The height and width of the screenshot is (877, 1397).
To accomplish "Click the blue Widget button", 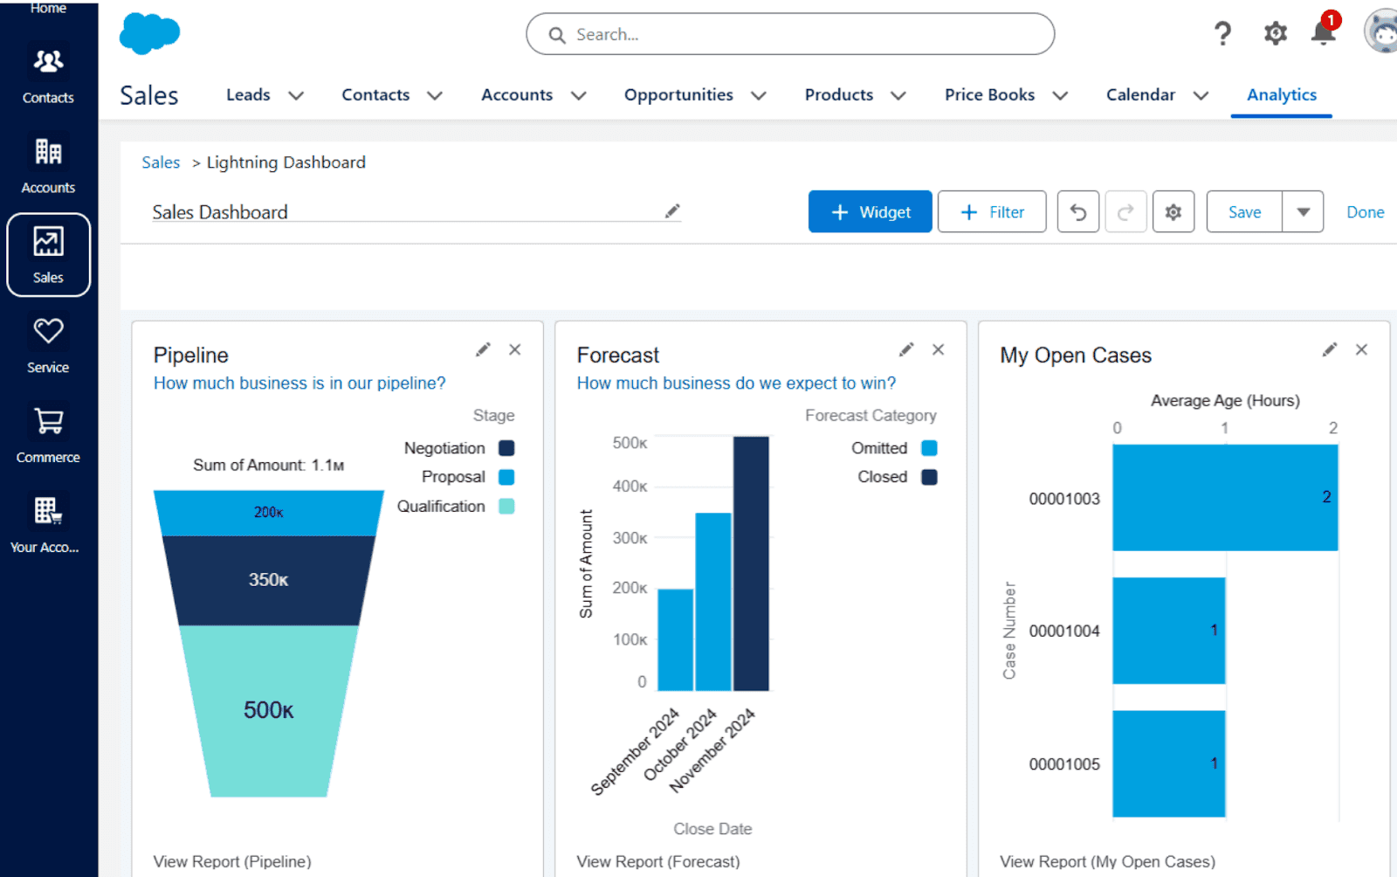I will point(870,211).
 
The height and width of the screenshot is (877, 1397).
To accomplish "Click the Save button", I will point(1243,211).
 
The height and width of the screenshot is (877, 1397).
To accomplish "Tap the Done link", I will point(1365,212).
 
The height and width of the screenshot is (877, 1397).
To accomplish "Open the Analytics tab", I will point(1281,94).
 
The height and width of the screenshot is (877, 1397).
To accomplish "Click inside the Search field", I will point(790,34).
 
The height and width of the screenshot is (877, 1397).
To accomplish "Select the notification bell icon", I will point(1323,33).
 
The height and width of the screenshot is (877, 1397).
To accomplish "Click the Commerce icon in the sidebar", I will point(48,433).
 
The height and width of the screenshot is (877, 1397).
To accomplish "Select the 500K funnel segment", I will point(268,709).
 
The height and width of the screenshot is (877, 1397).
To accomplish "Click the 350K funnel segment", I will point(268,579).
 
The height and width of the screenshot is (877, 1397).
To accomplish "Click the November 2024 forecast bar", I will point(751,563).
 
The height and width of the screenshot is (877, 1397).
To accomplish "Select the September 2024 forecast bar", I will point(675,639).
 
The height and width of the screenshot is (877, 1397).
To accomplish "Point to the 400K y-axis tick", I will point(630,486).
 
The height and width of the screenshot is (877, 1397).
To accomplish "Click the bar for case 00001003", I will point(1224,497).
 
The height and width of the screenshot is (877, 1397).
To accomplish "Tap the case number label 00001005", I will point(1063,763).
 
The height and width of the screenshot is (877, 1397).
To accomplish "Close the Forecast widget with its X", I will point(938,349).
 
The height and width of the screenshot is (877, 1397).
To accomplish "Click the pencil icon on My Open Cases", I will point(1329,349).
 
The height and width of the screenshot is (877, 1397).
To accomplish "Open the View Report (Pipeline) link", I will point(232,861).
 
